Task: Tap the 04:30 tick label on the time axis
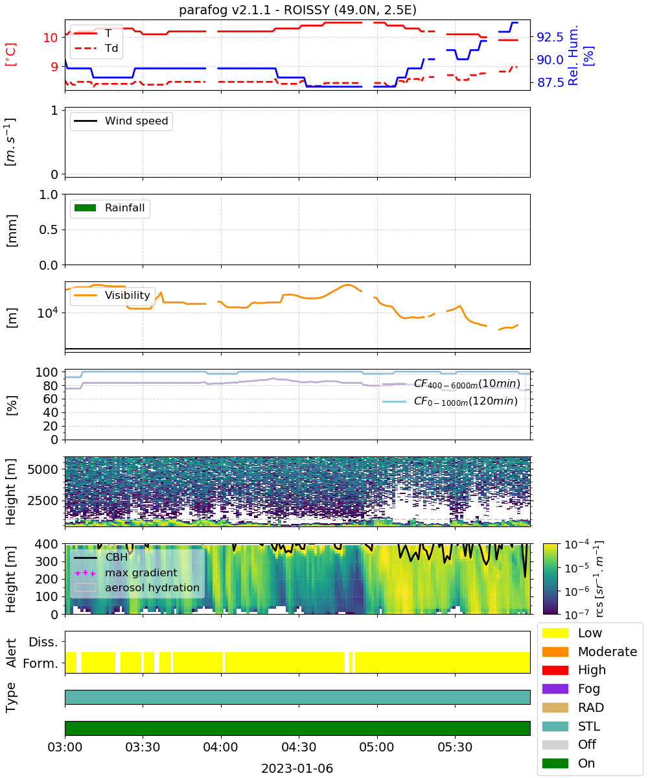coord(299,747)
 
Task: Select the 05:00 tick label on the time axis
coord(376,747)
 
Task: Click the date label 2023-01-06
coord(297,768)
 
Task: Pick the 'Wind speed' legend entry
coord(121,121)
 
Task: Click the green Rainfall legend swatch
coord(86,208)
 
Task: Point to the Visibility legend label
coord(128,295)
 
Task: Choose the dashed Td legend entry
coord(96,48)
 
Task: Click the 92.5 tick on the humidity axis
coord(550,37)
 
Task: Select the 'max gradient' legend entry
coord(126,572)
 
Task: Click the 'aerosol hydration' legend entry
coord(137,587)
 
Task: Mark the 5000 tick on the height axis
coord(43,469)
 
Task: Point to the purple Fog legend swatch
coord(555,689)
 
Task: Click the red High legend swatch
coord(555,670)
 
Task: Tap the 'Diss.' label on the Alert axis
coord(43,642)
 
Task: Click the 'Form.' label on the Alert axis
coord(41,664)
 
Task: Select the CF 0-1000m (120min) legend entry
coord(450,401)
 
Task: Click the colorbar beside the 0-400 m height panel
coord(550,579)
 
